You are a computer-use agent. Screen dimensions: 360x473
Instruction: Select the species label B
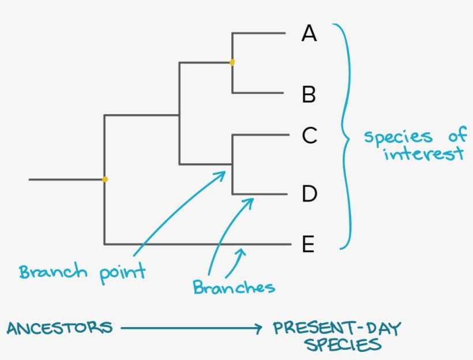(x=309, y=94)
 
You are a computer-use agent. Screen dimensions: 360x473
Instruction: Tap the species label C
(x=310, y=136)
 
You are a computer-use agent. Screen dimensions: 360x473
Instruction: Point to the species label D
(x=310, y=194)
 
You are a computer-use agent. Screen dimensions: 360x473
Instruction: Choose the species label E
(x=309, y=245)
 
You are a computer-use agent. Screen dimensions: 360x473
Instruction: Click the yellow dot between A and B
(x=232, y=62)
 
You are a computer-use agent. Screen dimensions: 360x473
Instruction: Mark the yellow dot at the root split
(x=105, y=179)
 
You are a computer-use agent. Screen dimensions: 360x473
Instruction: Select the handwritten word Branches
(x=234, y=287)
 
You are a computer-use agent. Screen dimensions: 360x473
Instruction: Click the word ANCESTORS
(x=59, y=328)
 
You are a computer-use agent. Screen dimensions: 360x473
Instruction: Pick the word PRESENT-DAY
(x=337, y=329)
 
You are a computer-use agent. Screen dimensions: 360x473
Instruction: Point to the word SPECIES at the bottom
(x=343, y=345)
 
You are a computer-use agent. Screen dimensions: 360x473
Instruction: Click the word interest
(x=423, y=155)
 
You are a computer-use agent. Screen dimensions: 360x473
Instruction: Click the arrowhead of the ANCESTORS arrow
(x=258, y=329)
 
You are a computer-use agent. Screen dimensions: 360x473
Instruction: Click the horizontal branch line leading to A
(x=258, y=33)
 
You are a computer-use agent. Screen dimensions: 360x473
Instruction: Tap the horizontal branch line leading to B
(x=258, y=93)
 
